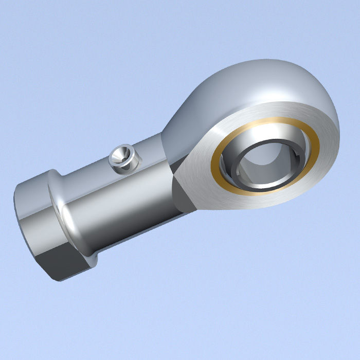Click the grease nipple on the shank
coord(124,157)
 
